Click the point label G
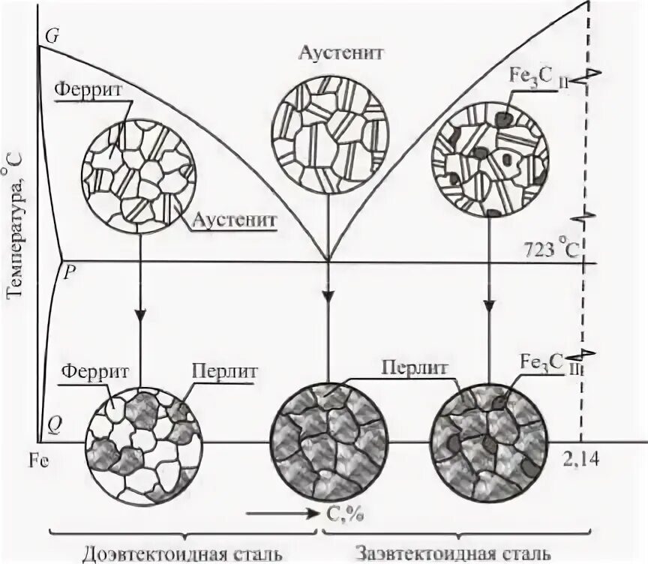[51, 35]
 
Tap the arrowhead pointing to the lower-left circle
[140, 318]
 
